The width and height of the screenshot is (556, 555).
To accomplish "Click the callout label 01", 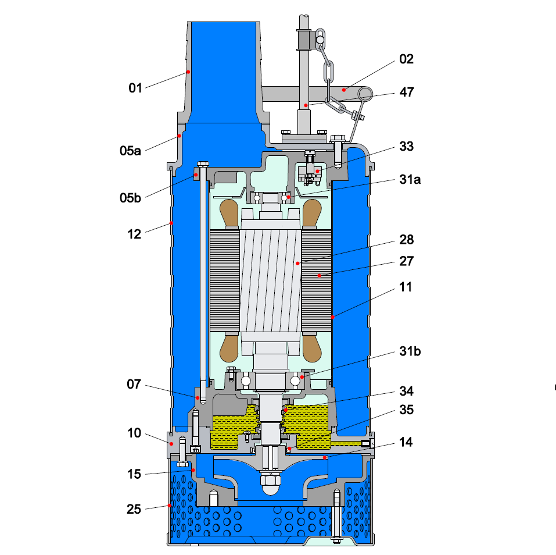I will click(135, 88).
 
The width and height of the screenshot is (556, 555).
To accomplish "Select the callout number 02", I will click(406, 59).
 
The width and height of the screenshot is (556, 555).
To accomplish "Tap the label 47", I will click(406, 92).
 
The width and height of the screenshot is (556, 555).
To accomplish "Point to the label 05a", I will click(130, 151).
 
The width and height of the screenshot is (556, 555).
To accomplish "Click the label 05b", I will click(130, 198).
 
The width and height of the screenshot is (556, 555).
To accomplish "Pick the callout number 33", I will click(406, 146).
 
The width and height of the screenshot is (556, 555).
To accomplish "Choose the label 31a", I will click(409, 179).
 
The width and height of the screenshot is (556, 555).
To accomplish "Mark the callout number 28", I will click(406, 240).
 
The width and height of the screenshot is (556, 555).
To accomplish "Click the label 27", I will click(406, 261).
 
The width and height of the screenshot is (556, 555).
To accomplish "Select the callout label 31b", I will click(410, 352).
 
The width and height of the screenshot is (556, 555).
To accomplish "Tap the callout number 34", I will click(406, 391).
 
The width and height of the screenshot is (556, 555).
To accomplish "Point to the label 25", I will click(134, 510).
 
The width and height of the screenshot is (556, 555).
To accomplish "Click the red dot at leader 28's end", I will click(297, 263).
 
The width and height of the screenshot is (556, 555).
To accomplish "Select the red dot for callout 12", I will click(171, 223).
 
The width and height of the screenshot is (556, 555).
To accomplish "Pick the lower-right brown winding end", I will click(313, 347).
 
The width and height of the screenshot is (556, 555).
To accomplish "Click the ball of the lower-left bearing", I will click(246, 381).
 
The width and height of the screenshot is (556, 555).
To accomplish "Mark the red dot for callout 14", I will click(325, 458).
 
